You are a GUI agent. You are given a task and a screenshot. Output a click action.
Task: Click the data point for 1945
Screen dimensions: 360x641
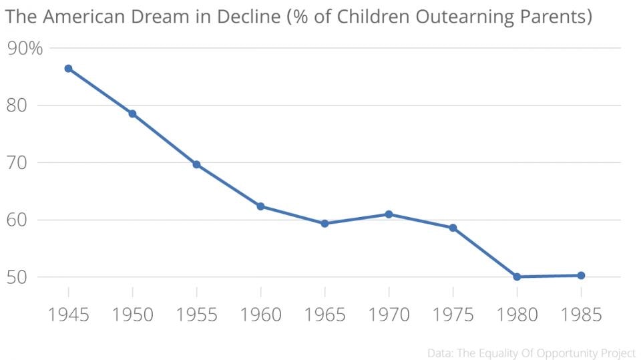point(68,68)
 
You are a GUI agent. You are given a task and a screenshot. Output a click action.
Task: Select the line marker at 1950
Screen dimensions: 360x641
point(132,114)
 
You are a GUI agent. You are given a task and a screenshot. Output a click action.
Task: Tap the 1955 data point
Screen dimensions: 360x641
point(196,164)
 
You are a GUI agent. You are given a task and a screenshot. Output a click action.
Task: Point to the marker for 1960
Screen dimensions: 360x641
point(260,206)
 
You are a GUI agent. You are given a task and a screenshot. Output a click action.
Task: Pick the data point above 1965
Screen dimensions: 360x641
point(325,224)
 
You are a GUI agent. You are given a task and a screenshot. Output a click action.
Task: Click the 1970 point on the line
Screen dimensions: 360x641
point(389,214)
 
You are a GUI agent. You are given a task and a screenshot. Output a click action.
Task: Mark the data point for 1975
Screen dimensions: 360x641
point(453,228)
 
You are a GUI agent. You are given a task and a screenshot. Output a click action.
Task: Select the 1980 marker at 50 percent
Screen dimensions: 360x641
point(517,277)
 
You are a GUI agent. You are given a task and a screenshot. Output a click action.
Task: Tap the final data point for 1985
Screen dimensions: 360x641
point(581,275)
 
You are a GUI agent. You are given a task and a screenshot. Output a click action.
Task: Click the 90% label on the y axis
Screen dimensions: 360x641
point(25,48)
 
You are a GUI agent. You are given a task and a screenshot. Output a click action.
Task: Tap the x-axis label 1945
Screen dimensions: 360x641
point(68,314)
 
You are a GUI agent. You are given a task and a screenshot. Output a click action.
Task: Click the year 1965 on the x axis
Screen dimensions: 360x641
point(325,314)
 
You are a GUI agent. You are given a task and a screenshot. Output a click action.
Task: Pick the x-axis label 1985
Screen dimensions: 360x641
point(581,314)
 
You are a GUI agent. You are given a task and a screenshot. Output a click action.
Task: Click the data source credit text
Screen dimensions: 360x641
point(531,351)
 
